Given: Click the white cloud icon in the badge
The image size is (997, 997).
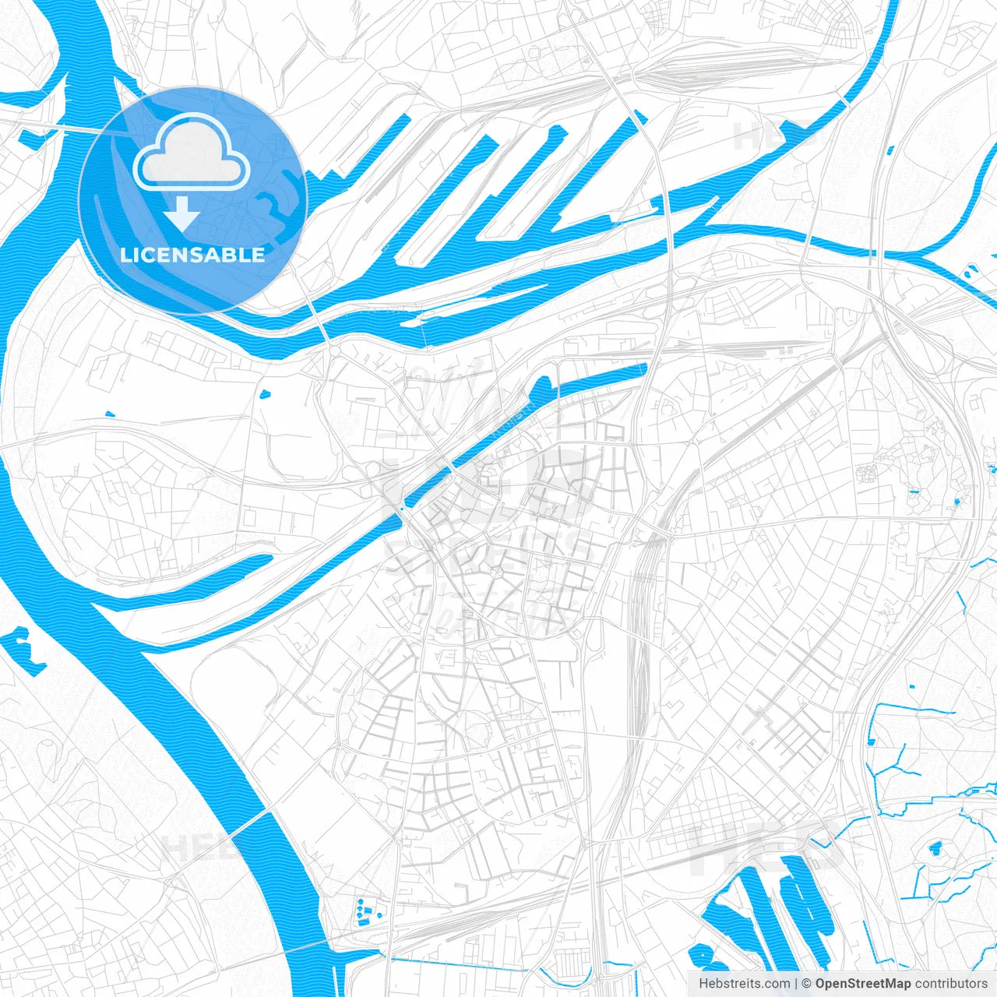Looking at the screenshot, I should coord(192,157).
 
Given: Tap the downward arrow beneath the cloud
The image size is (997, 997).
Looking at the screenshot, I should coord(182,214).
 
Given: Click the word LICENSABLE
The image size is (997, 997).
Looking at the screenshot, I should coord(192,255).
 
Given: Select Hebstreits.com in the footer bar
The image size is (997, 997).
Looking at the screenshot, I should coord(744,984).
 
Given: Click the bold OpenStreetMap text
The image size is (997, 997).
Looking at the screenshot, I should coord(862,984).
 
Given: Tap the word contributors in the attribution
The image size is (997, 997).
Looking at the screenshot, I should coord(950,984).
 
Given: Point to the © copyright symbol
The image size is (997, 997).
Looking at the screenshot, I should coord(806,984).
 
